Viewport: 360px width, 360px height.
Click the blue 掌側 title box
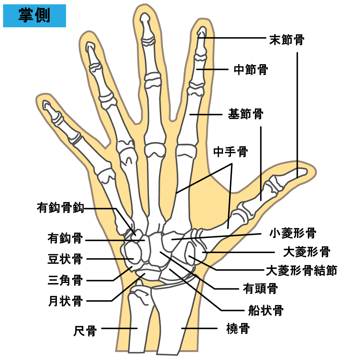35,15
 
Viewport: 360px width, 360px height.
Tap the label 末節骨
287,40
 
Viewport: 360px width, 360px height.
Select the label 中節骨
251,69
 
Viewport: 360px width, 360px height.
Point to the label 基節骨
246,114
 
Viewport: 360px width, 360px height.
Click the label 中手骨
230,152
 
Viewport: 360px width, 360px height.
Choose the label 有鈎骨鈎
60,208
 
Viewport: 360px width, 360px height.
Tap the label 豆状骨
65,259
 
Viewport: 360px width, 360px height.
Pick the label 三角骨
65,280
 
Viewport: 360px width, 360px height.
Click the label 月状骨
66,301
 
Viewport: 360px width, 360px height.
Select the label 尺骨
85,331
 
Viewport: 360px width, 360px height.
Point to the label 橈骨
238,329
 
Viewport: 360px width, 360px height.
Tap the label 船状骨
266,310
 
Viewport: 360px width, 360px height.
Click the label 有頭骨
260,288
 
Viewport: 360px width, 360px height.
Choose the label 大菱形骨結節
302,270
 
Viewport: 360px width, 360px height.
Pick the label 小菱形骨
293,233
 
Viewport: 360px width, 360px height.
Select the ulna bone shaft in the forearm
138,321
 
